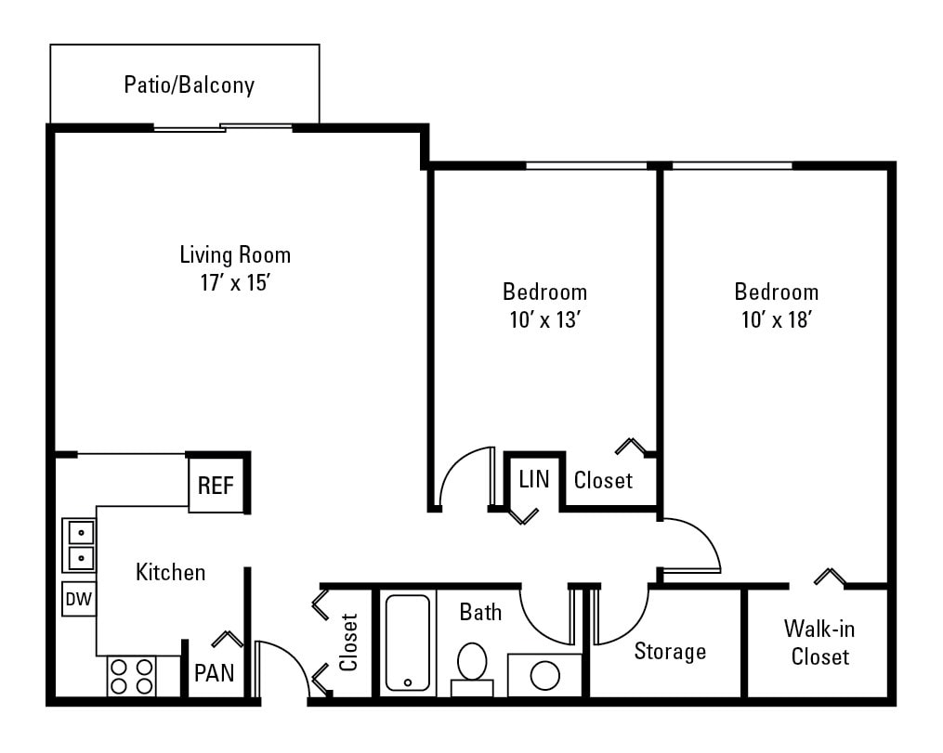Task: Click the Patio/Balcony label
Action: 190,85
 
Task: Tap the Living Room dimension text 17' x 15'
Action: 234,282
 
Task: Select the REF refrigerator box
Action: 216,486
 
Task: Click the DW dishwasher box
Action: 78,600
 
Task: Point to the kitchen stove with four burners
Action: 131,676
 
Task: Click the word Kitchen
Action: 171,572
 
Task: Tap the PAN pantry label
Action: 213,672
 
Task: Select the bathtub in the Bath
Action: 407,643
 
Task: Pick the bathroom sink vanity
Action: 544,675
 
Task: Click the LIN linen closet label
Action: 534,479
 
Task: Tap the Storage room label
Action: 670,652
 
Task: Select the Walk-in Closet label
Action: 819,643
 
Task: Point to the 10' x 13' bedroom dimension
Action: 544,320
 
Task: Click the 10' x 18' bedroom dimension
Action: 777,320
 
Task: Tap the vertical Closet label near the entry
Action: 349,642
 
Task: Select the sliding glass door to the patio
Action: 223,127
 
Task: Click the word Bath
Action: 480,612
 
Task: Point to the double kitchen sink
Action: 79,545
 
